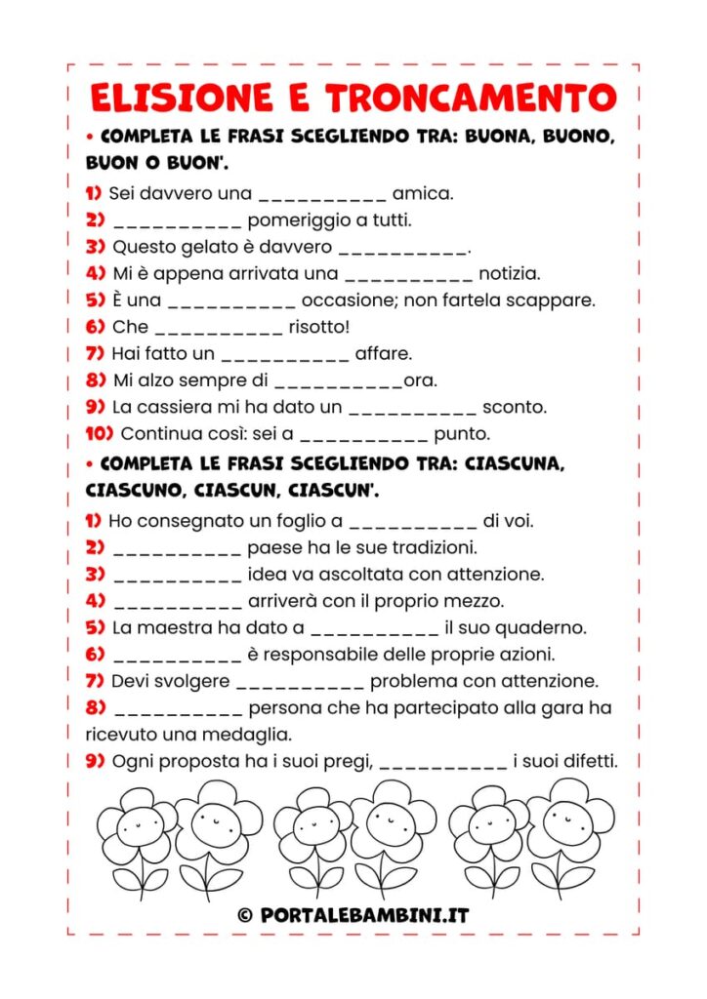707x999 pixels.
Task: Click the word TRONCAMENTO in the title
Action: (x=471, y=98)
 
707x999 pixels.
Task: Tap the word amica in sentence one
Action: (x=422, y=193)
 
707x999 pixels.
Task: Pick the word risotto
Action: (x=318, y=327)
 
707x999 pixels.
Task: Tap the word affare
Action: (x=383, y=353)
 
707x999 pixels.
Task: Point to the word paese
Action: (x=273, y=548)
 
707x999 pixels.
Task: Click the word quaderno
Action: (x=539, y=627)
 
